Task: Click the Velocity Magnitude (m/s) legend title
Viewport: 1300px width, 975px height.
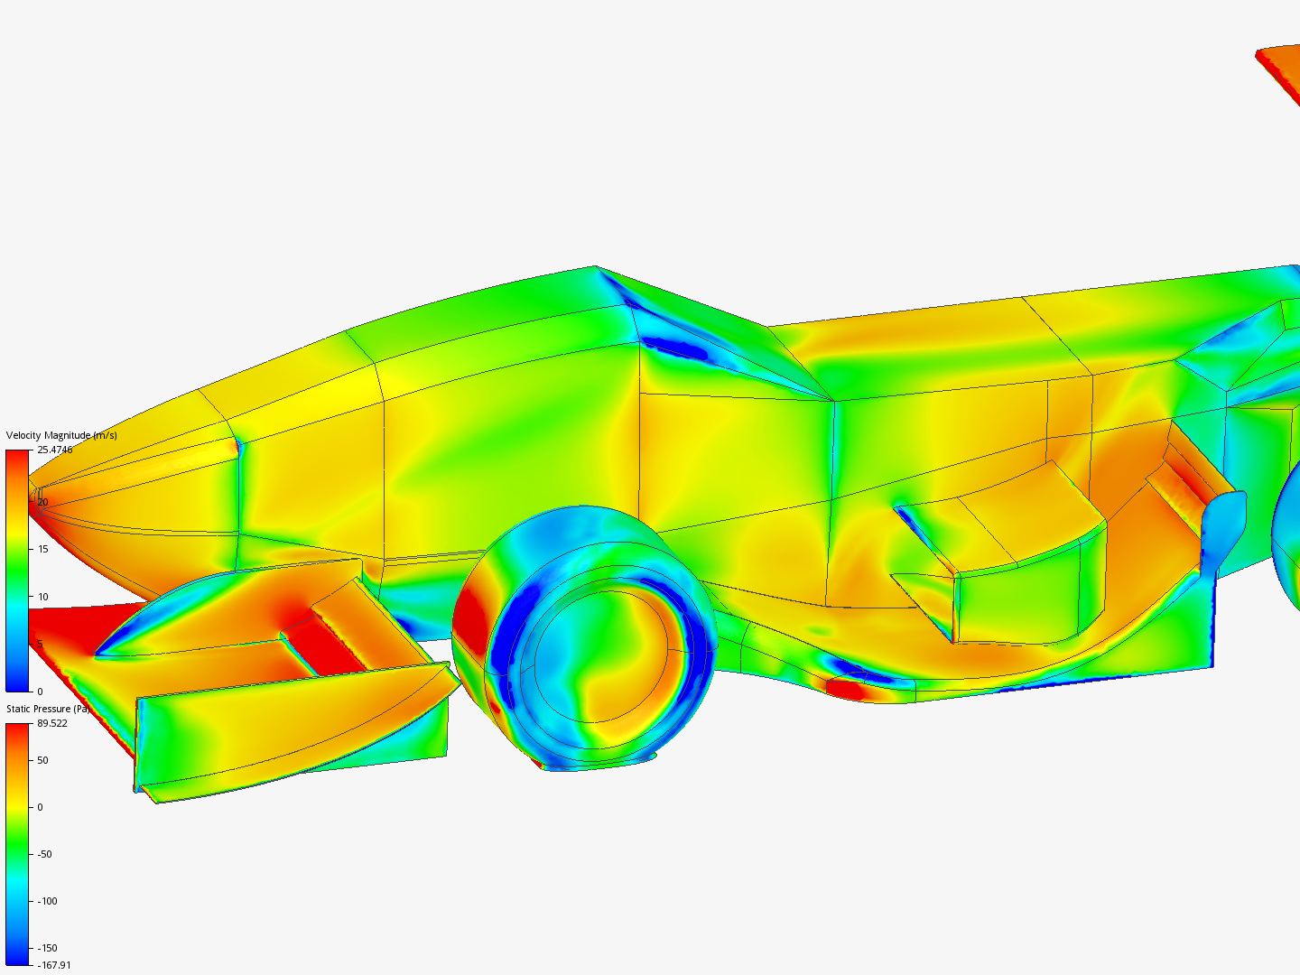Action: [x=60, y=435]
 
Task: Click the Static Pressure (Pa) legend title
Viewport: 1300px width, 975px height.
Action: [x=48, y=709]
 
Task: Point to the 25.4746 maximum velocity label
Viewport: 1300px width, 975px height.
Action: [x=54, y=450]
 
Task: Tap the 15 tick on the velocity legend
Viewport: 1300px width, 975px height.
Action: [x=42, y=549]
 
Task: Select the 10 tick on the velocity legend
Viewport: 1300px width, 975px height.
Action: [x=42, y=597]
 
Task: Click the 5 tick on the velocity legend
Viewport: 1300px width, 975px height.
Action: [x=40, y=645]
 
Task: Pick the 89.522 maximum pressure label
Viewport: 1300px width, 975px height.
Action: [x=52, y=723]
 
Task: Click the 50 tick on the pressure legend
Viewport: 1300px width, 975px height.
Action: [x=42, y=760]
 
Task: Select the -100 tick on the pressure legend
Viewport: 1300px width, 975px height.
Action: [x=47, y=901]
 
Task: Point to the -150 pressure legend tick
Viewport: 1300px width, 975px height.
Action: [x=47, y=948]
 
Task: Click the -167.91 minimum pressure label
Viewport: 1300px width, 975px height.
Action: [x=53, y=965]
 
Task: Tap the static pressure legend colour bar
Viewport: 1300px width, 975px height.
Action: [x=17, y=844]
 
